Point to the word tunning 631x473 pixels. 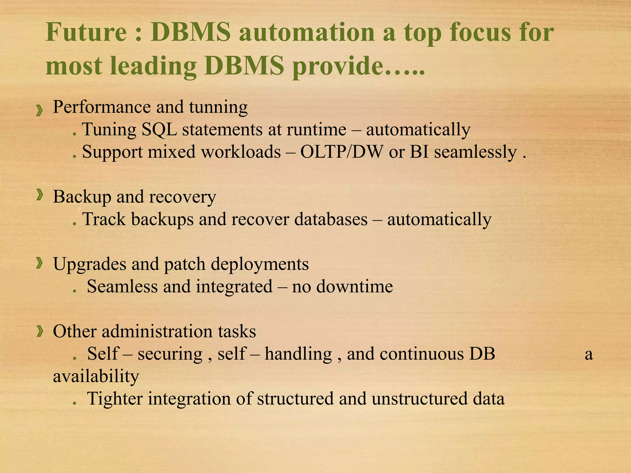point(218,107)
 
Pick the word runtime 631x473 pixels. point(316,130)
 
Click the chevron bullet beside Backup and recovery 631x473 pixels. point(39,195)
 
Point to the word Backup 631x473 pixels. point(82,197)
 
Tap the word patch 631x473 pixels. point(185,264)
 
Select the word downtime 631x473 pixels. point(355,287)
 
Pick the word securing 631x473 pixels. point(170,354)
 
